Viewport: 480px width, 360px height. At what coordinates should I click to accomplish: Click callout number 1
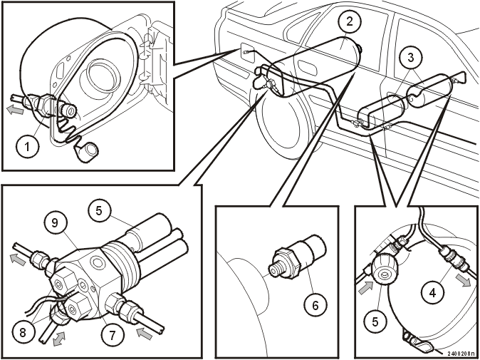(x=28, y=147)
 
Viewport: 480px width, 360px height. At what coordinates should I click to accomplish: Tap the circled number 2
(x=350, y=21)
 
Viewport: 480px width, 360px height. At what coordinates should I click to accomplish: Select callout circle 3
(x=411, y=57)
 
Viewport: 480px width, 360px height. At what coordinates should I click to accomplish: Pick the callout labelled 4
(x=432, y=293)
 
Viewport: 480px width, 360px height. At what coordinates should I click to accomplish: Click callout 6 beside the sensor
(x=315, y=305)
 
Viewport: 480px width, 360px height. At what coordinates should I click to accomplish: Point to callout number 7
(x=113, y=335)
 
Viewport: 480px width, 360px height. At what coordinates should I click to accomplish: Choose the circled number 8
(x=23, y=333)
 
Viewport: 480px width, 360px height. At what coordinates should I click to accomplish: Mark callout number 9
(x=55, y=222)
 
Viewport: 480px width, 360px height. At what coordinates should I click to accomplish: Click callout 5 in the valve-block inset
(x=99, y=211)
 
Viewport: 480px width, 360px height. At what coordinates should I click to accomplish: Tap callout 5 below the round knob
(x=375, y=322)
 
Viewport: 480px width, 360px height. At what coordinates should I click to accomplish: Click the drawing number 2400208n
(x=463, y=354)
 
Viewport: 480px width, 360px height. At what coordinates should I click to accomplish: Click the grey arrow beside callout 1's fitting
(x=15, y=109)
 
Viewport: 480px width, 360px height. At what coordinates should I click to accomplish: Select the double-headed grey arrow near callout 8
(x=59, y=338)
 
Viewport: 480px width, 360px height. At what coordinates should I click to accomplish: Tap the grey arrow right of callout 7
(x=144, y=333)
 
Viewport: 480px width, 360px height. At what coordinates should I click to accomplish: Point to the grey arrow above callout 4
(x=463, y=280)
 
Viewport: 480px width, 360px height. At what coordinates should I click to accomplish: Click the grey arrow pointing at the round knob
(x=365, y=288)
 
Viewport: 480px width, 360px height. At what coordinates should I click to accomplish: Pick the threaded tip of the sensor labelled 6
(x=274, y=269)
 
